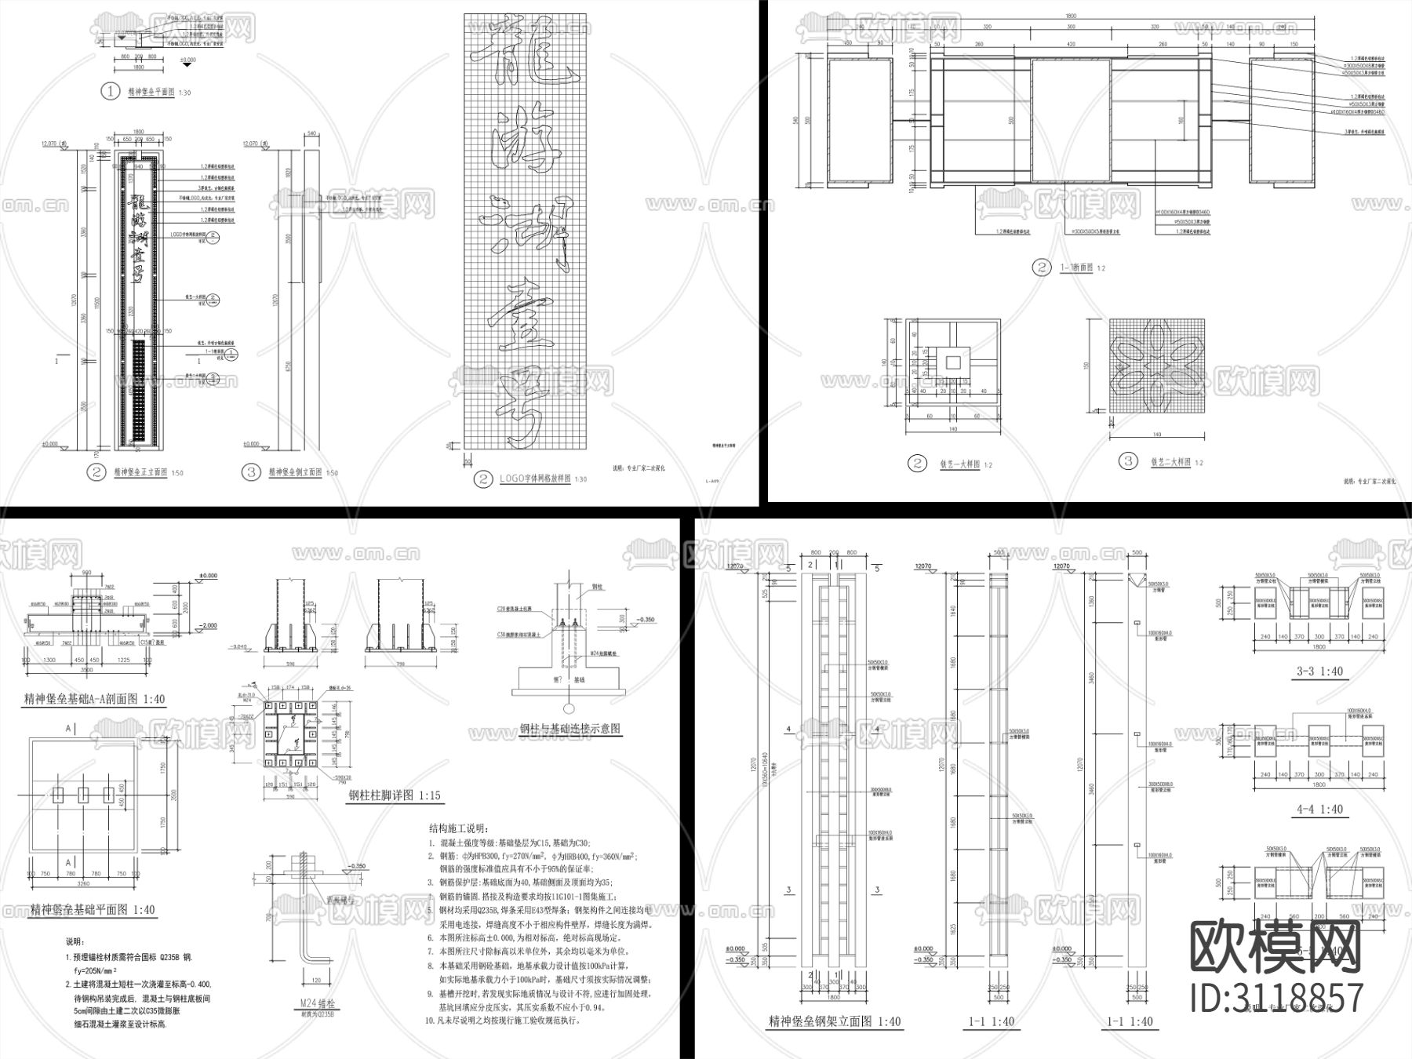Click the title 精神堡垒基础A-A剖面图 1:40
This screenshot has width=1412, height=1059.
point(93,699)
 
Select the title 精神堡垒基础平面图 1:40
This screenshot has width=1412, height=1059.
point(93,910)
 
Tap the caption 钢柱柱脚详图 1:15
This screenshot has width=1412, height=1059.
point(394,795)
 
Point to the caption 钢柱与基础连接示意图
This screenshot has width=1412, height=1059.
point(570,729)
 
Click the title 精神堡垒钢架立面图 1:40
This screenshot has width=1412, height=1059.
point(835,1021)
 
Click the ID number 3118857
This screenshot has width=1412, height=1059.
point(1276,998)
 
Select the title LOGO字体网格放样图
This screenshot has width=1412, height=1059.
point(532,479)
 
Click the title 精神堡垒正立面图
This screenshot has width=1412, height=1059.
point(140,472)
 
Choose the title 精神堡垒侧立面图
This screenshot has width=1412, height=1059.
point(295,472)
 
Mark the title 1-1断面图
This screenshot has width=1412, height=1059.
point(1076,268)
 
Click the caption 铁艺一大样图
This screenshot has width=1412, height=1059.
point(955,464)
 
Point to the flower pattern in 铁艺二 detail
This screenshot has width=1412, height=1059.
point(1156,366)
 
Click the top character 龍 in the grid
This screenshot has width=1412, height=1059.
point(523,56)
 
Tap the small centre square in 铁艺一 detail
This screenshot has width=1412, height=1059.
point(952,362)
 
